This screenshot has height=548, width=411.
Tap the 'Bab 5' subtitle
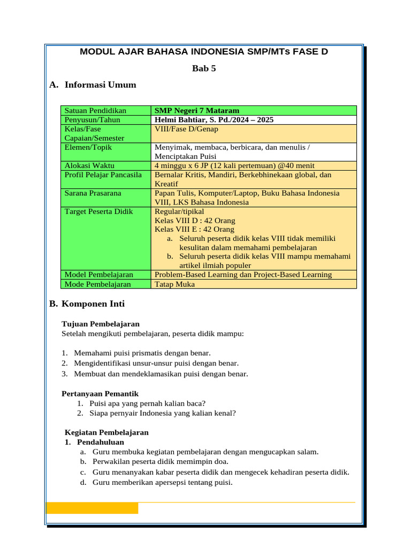204,68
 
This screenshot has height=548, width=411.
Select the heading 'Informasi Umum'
100,85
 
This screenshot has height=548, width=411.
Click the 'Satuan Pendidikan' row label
95,111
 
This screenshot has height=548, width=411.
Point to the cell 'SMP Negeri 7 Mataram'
197,111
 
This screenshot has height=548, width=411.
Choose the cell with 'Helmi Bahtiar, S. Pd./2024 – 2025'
214,120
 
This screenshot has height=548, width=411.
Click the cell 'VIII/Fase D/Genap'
186,129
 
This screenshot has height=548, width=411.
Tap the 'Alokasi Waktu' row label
89,165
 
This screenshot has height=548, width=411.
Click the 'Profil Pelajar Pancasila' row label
103,174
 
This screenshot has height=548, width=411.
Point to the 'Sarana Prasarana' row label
93,193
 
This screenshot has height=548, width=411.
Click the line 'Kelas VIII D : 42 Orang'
195,220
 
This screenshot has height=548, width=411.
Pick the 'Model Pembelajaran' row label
98,275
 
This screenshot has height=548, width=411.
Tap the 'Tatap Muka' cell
174,284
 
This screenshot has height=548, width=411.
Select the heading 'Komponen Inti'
93,304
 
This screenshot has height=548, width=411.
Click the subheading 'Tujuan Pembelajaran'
101,324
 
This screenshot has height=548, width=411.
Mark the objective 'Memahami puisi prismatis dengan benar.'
142,353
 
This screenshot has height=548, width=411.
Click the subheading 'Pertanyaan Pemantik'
100,394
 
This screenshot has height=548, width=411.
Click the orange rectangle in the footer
93,508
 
